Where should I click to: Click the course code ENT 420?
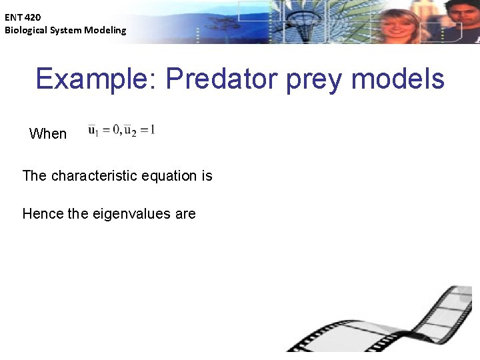23,18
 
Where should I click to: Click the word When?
48,134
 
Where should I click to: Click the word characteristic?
95,176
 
